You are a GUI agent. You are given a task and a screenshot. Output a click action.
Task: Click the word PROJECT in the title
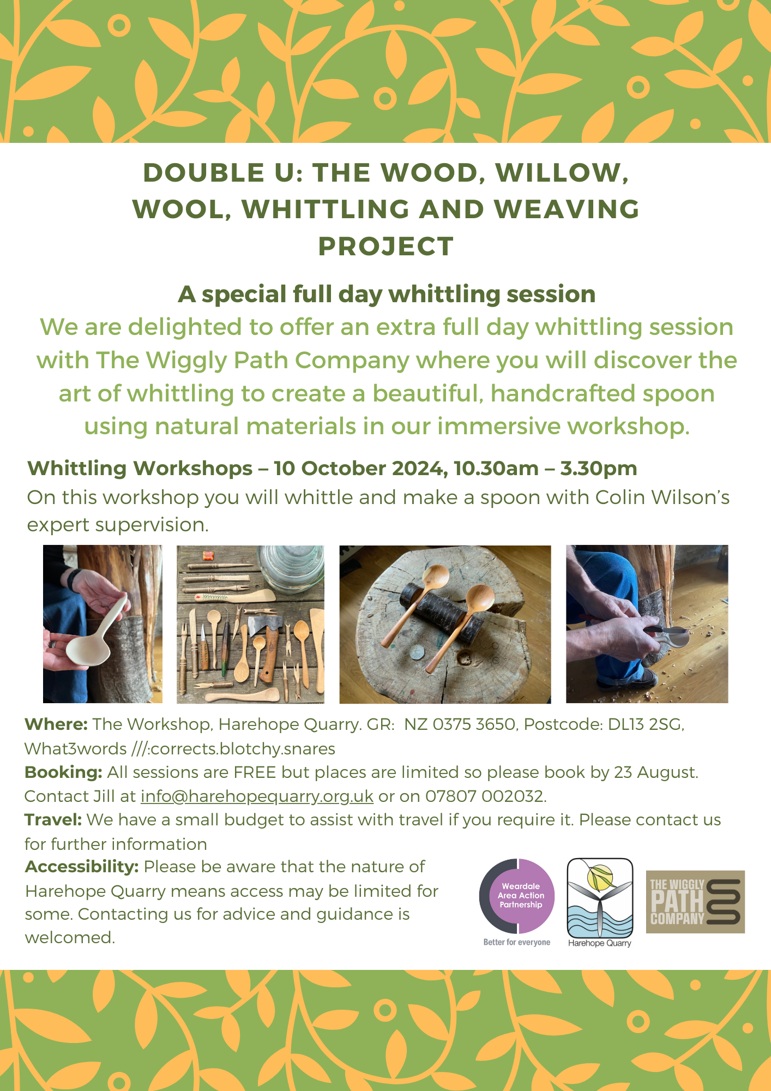coord(386,246)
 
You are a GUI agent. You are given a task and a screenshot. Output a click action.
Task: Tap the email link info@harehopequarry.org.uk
coord(257,796)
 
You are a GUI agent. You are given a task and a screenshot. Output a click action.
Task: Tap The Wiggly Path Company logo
coord(695,902)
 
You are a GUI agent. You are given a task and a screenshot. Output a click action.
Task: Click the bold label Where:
coord(56,724)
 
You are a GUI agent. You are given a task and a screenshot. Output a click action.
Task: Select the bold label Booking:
coord(63,772)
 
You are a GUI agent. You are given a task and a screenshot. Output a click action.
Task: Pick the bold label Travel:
coord(53,820)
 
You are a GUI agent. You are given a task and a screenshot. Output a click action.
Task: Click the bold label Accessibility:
coord(82,867)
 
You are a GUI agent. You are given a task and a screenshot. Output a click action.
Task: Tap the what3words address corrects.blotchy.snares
coord(243,748)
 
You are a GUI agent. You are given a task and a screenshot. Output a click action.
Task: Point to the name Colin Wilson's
coord(662,497)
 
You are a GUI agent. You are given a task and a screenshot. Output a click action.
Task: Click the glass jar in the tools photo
coord(290,570)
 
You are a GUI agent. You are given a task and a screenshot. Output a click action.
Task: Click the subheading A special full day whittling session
coord(387,295)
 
